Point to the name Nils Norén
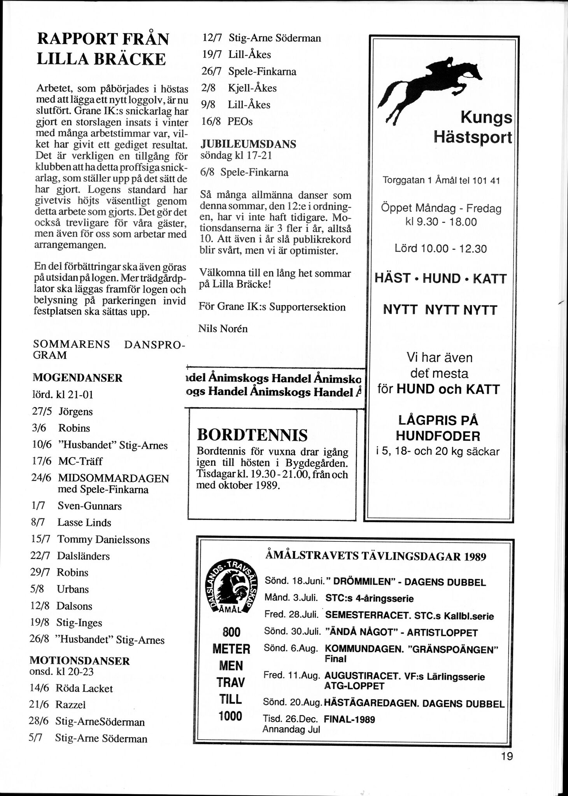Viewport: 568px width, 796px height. [223, 329]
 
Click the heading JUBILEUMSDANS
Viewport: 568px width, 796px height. [248, 145]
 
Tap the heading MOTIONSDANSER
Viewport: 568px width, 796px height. [80, 661]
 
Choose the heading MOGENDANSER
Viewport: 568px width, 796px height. [77, 378]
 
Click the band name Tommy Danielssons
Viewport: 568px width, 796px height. [103, 539]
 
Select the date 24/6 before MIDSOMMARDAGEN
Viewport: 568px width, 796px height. [41, 478]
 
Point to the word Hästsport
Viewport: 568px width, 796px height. [473, 137]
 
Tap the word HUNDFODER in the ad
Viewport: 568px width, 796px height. [438, 436]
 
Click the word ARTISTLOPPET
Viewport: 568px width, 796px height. [442, 633]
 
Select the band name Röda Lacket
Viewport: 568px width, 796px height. [84, 688]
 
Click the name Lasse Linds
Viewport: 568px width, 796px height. [84, 523]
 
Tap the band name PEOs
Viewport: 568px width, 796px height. [240, 122]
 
